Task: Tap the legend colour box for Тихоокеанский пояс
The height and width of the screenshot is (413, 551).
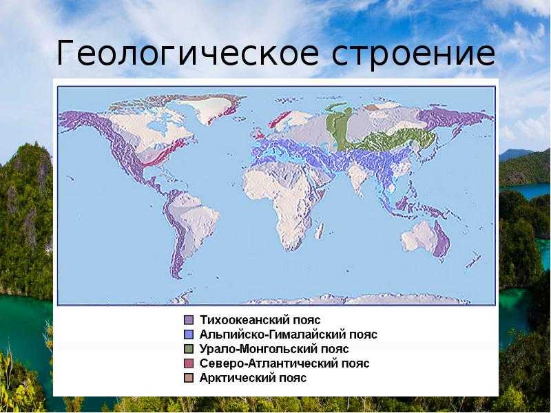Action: pos(189,320)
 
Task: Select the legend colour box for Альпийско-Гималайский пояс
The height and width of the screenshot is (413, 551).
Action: pos(189,335)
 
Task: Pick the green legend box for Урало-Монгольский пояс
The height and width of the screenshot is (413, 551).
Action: pos(189,349)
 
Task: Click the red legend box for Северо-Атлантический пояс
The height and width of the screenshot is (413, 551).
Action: pos(189,363)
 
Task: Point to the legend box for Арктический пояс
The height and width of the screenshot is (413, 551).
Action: pos(189,378)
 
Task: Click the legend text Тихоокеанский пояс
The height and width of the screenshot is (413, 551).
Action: pos(260,320)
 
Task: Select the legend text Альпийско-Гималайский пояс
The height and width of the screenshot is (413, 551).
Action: pos(288,335)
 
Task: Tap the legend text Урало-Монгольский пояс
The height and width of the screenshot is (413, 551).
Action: pos(274,349)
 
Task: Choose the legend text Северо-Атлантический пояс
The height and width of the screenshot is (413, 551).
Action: pos(284,363)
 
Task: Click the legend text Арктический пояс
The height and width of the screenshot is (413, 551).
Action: pos(253,378)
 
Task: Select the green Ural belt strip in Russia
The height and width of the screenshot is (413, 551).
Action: pos(338,127)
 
